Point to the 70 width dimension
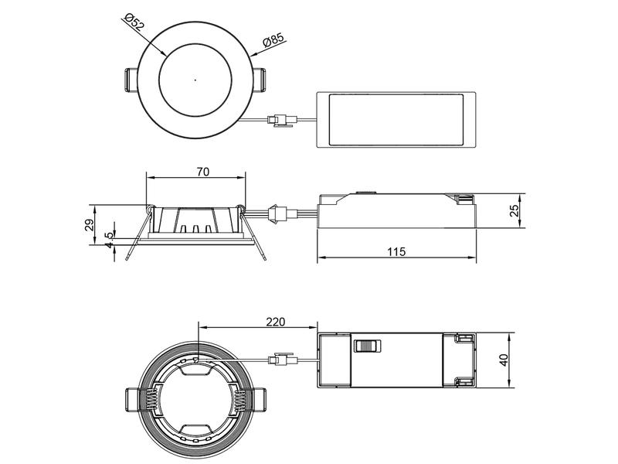point(202,172)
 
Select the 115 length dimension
point(396,252)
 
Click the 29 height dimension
point(89,225)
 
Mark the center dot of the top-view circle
point(195,80)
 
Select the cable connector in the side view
point(277,213)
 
